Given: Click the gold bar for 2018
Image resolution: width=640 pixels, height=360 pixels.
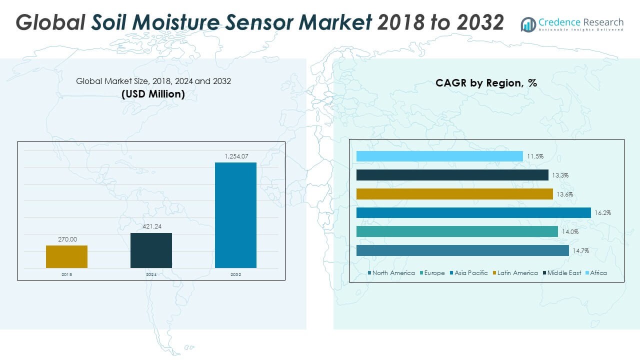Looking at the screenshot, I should pyautogui.click(x=66, y=256).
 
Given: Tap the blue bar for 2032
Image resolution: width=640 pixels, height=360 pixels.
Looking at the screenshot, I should pyautogui.click(x=235, y=215).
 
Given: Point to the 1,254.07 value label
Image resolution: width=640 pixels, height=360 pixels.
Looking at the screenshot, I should pyautogui.click(x=235, y=156).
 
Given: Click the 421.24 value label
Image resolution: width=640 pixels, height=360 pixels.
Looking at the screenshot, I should pyautogui.click(x=151, y=227).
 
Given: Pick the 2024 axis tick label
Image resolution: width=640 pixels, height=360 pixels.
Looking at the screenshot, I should pyautogui.click(x=151, y=274).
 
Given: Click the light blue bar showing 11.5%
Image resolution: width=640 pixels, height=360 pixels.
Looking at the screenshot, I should pyautogui.click(x=439, y=156).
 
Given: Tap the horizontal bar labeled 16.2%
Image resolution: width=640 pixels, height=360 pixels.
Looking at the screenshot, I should pyautogui.click(x=473, y=213).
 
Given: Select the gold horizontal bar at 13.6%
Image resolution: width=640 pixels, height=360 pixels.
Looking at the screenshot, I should pyautogui.click(x=454, y=194).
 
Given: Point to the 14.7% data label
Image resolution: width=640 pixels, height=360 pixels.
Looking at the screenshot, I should pyautogui.click(x=580, y=251).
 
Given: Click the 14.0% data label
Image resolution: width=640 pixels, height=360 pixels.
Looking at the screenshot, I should pyautogui.click(x=569, y=232).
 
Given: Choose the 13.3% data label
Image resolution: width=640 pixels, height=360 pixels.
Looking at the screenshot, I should pyautogui.click(x=560, y=175).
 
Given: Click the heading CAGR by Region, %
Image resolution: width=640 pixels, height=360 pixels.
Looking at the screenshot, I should pyautogui.click(x=486, y=83).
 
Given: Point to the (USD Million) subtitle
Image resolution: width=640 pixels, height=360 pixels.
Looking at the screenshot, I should pyautogui.click(x=153, y=93).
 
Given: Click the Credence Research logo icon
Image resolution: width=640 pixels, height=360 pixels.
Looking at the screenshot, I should pyautogui.click(x=528, y=24).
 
